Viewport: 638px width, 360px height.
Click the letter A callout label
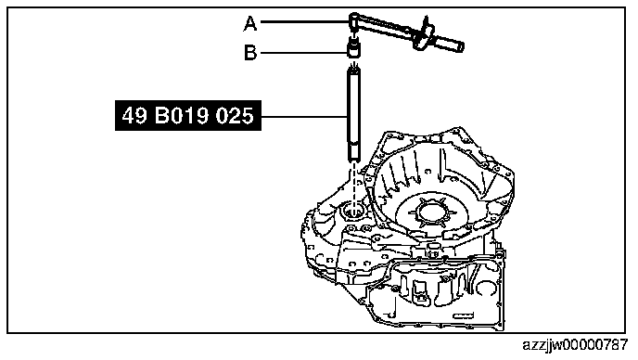click(250, 23)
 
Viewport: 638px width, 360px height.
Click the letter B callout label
click(250, 53)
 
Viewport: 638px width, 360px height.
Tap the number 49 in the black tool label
click(134, 116)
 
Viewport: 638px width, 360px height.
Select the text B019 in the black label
click(182, 116)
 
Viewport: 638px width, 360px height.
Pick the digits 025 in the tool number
click(235, 116)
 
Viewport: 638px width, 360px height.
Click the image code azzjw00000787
click(575, 345)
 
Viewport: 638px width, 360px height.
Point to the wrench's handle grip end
click(451, 44)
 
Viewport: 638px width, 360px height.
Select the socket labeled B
click(354, 47)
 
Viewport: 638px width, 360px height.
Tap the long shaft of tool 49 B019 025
click(354, 109)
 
